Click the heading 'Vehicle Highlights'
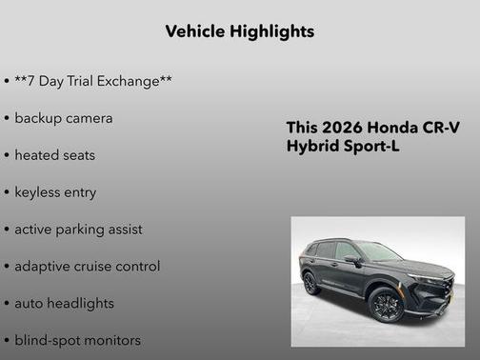(x=239, y=31)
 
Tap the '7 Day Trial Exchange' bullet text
(x=93, y=81)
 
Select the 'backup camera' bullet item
(x=63, y=118)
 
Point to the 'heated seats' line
(x=54, y=155)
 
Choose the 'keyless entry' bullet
(x=55, y=192)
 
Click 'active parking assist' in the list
(x=78, y=230)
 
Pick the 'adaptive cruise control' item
(x=87, y=267)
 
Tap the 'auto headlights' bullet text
(x=64, y=304)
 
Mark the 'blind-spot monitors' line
(x=77, y=340)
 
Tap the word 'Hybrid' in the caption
(x=313, y=148)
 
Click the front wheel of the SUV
(x=388, y=305)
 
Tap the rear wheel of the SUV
(x=311, y=283)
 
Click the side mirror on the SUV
(x=353, y=259)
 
